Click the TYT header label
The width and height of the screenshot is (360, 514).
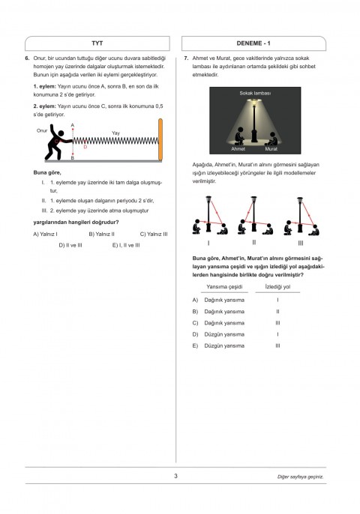point(97,43)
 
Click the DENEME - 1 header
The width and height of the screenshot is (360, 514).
point(253,43)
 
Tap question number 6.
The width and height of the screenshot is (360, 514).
point(27,58)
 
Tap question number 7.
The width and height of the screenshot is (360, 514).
point(186,58)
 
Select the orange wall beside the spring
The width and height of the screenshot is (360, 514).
point(160,139)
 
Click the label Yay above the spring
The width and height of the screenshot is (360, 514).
point(115,133)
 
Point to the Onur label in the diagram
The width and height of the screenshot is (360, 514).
point(42,130)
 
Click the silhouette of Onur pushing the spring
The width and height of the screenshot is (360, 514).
point(58,142)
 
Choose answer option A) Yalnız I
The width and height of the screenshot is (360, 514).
point(45,234)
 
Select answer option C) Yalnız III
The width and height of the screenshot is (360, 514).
point(154,234)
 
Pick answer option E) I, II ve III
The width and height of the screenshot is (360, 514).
point(126,245)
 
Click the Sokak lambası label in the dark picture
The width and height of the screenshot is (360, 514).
point(255,93)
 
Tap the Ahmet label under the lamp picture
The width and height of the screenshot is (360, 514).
point(238,149)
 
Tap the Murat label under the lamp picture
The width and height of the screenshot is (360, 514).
point(271,149)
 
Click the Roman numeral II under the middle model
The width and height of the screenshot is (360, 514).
point(254,242)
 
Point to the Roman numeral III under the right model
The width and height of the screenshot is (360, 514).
point(301,244)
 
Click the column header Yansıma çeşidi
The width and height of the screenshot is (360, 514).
point(224,286)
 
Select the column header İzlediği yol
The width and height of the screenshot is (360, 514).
point(277,286)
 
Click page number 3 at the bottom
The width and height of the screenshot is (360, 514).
point(175,476)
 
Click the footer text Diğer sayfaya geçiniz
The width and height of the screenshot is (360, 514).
point(300,477)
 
